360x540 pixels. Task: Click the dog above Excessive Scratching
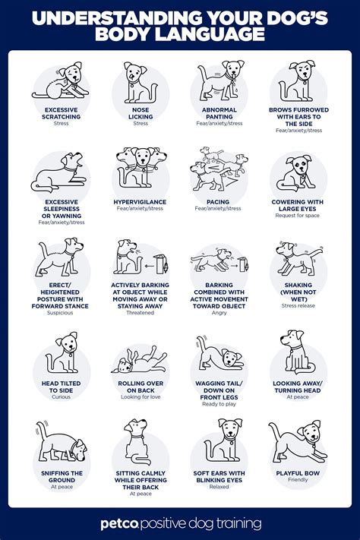point(62,82)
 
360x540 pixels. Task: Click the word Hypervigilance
point(141,202)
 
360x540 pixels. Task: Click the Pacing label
point(219,202)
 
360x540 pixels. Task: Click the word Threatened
point(141,312)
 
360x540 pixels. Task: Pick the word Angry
point(219,312)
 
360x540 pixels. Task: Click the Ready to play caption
point(219,403)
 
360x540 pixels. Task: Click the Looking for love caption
point(141,397)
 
